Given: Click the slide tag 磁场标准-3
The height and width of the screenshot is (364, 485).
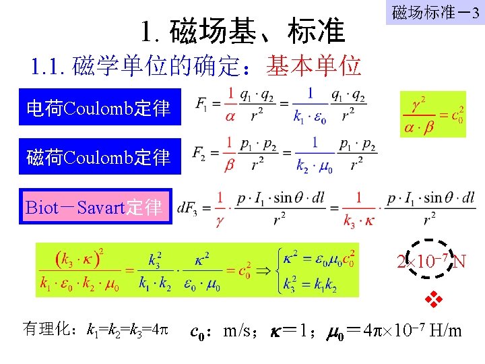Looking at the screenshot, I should coord(435,12).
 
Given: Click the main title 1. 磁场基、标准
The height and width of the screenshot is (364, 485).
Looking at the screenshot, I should coord(243,31).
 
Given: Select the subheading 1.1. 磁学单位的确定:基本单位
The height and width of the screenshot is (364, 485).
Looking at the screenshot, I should coord(196,66).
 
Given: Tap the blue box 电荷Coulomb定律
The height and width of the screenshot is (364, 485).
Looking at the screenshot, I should coord(100,107).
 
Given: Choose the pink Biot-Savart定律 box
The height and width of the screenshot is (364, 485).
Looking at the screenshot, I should coord(95,206).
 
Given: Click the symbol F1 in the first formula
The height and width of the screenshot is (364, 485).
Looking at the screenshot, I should coord(201,104).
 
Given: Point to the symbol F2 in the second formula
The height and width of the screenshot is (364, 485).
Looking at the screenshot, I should coord(199,154).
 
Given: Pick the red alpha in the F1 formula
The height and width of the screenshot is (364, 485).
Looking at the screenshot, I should coord(231,116).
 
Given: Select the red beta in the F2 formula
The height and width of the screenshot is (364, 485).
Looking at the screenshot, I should coord(231,165).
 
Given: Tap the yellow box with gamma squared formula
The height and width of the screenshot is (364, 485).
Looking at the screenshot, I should coord(432,114).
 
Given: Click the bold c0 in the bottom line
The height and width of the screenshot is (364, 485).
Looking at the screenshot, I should coord(197,330).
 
